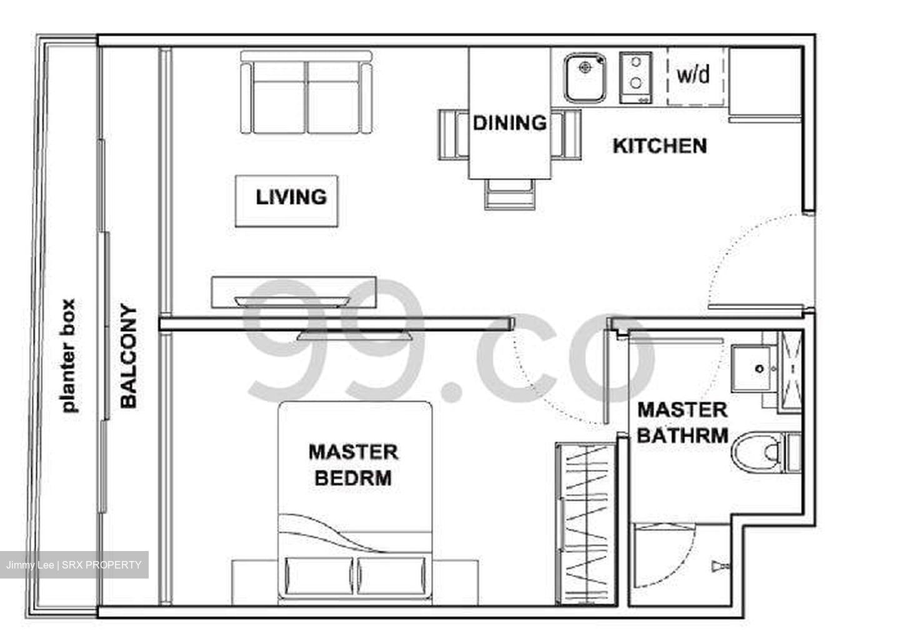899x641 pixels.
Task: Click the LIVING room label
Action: (x=291, y=197)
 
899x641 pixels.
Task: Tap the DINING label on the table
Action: (x=509, y=123)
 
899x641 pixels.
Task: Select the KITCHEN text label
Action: (x=660, y=146)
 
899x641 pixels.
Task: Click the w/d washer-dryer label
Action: (x=693, y=75)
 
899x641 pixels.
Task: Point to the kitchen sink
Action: (x=585, y=77)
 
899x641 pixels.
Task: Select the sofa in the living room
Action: (x=306, y=94)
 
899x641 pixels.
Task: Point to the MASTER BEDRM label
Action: (x=353, y=465)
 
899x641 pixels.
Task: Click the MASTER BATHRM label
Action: (x=682, y=423)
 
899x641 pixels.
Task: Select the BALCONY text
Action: (x=128, y=356)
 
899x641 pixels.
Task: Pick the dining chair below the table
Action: (x=510, y=192)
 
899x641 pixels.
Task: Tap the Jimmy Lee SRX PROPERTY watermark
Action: (x=74, y=565)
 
